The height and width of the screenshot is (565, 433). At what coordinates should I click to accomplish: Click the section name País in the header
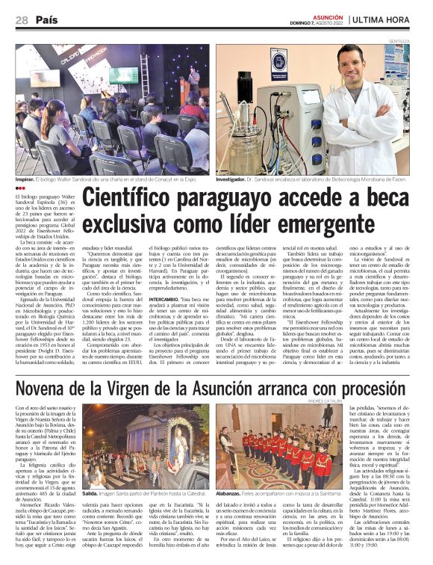click(46, 20)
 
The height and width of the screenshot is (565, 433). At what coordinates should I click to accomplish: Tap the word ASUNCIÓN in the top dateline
click(327, 15)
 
